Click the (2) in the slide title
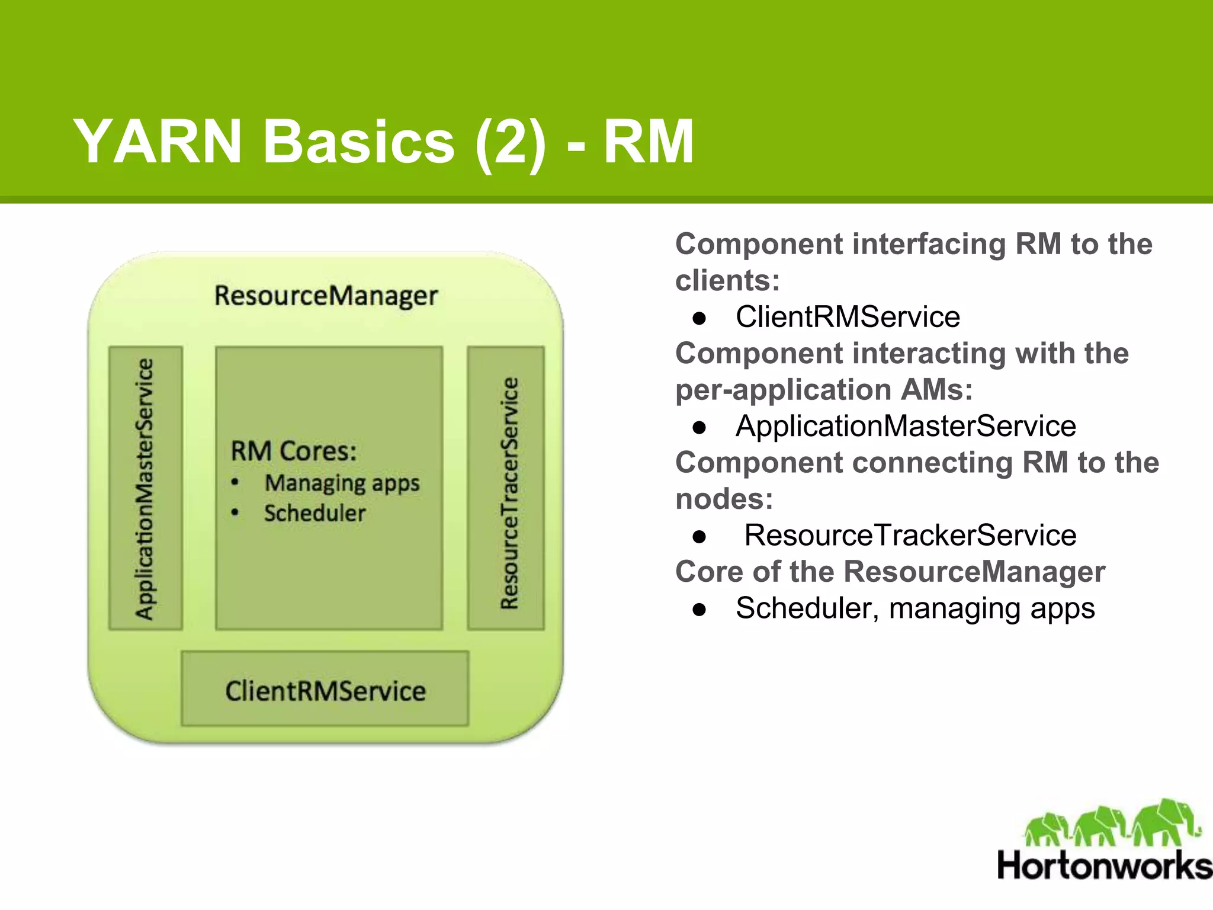pyautogui.click(x=510, y=142)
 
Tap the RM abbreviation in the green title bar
pyautogui.click(x=648, y=142)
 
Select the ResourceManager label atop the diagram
pyautogui.click(x=326, y=296)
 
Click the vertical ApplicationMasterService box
pyautogui.click(x=145, y=488)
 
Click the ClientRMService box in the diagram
pyautogui.click(x=325, y=690)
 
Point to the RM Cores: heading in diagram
pyautogui.click(x=294, y=451)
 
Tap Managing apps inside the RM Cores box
pyautogui.click(x=342, y=483)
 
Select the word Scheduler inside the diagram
pyautogui.click(x=315, y=513)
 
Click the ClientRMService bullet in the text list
pyautogui.click(x=847, y=317)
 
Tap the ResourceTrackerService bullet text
pyautogui.click(x=910, y=536)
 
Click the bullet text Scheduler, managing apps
pyautogui.click(x=915, y=608)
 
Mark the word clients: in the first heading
pyautogui.click(x=727, y=281)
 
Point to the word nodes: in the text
pyautogui.click(x=724, y=499)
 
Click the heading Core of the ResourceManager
pyautogui.click(x=890, y=572)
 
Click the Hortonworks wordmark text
pyautogui.click(x=1104, y=866)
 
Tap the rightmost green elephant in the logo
pyautogui.click(x=1164, y=824)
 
